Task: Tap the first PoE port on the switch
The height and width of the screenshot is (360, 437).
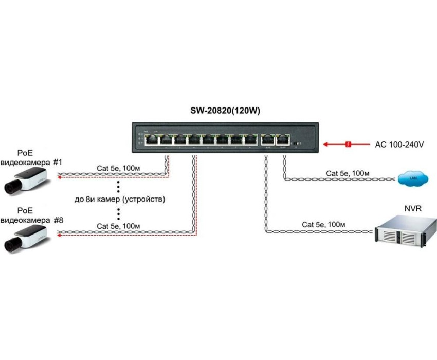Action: coord(152,138)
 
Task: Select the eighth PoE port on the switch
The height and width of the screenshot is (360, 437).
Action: coord(250,138)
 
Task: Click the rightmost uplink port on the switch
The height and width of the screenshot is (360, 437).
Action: coord(282,138)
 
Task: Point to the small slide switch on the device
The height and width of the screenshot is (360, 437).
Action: coord(297,140)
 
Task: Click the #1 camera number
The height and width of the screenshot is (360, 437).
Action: coord(58,163)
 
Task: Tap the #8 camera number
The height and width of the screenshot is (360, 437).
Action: coord(58,220)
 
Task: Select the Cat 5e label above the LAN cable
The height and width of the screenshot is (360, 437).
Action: coord(348,173)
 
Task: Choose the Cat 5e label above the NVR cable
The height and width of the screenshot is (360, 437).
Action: coord(323,224)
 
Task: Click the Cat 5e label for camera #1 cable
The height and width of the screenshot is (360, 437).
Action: coord(118,168)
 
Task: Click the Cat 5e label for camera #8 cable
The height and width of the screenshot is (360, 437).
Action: coord(118,226)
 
